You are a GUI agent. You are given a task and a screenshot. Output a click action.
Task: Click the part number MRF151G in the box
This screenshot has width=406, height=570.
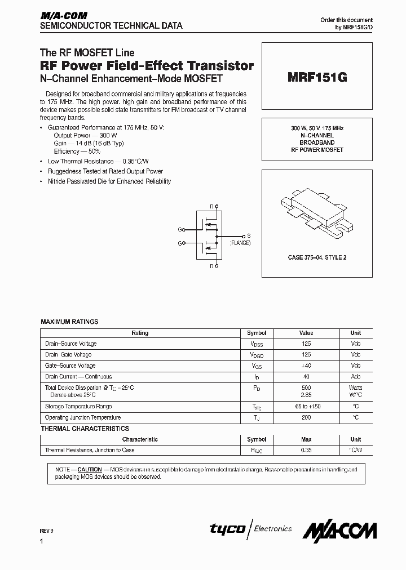tap(317, 78)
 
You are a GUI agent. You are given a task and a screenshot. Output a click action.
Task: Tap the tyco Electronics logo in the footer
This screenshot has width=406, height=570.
tap(251, 529)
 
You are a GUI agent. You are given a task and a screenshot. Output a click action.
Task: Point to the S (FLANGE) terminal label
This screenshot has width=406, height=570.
tap(241, 239)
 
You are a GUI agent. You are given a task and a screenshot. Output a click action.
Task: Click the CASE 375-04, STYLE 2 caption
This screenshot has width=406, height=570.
tap(317, 257)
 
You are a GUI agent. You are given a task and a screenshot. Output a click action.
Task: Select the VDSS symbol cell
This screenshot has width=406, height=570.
tap(257, 344)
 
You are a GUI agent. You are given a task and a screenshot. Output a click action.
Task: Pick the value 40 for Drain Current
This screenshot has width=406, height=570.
tap(306, 377)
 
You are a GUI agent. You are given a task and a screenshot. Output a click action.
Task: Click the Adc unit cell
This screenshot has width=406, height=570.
tap(355, 377)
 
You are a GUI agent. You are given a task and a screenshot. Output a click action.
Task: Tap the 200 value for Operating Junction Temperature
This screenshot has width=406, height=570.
tap(306, 418)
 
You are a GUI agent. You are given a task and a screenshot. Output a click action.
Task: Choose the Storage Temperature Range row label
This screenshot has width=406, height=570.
tap(78, 407)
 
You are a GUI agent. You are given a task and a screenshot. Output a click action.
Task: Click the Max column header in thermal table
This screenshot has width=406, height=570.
tap(306, 439)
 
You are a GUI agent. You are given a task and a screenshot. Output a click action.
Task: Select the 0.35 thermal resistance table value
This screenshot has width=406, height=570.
tap(306, 451)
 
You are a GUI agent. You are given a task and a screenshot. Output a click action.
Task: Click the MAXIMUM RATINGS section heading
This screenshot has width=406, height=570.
tap(69, 322)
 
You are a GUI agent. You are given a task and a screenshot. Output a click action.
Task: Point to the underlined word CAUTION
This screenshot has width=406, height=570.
tap(90, 469)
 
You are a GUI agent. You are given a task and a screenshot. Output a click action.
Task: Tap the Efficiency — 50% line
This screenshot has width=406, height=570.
tap(77, 152)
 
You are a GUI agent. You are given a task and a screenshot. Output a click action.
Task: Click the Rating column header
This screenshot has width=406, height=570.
tap(140, 333)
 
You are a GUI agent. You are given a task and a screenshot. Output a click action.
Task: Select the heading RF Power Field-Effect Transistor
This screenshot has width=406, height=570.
tap(147, 66)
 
